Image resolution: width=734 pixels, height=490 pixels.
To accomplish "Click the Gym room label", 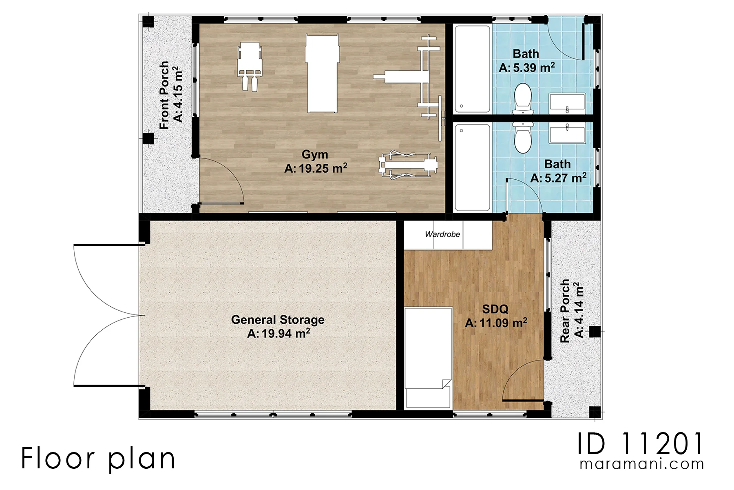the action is pos(314,154).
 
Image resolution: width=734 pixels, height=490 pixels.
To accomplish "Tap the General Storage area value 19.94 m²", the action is pos(279,333).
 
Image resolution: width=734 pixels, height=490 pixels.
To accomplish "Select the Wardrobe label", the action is pos(442,234).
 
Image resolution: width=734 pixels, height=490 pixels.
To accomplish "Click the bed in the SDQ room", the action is pos(428,358).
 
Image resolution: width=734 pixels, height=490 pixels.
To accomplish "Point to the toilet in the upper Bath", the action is pos(523,98).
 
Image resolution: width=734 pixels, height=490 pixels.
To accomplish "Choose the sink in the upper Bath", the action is pos(567,102).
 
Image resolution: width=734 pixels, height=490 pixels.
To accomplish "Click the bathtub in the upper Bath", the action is pos(472,69).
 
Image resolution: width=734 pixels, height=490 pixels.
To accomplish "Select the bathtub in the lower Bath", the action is pos(472,167).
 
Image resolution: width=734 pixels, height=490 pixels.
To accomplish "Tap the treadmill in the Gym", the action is pos(408,165).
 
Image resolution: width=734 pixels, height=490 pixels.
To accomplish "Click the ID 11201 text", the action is pos(640,444).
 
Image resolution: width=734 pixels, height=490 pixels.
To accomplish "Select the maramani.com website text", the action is pos(642,464).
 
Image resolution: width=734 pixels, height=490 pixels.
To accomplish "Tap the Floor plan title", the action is pos(98,458).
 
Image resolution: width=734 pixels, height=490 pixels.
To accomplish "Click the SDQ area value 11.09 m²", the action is pos(496,323).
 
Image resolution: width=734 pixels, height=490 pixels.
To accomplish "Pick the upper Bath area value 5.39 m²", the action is pos(527,67).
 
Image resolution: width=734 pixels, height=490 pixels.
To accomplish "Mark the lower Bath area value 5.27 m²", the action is pos(559,178).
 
